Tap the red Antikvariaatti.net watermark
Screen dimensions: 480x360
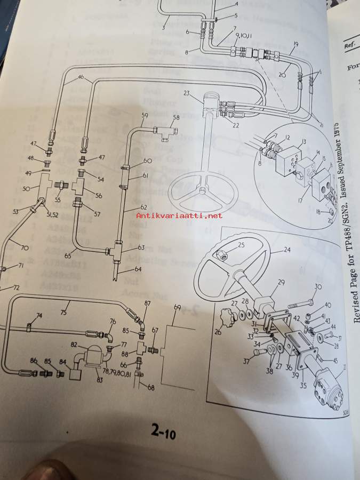pos(179,215)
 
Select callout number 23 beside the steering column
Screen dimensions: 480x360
pos(187,93)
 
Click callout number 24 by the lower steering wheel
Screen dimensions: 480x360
pos(287,250)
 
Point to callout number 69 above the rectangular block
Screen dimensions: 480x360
pos(178,307)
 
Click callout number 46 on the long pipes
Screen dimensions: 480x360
pos(81,78)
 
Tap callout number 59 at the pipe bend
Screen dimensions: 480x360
pos(145,115)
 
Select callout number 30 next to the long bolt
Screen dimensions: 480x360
pos(319,287)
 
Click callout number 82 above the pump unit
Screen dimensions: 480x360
pos(74,346)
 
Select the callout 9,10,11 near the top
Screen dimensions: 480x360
pos(244,36)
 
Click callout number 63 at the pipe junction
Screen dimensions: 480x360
pos(141,247)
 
